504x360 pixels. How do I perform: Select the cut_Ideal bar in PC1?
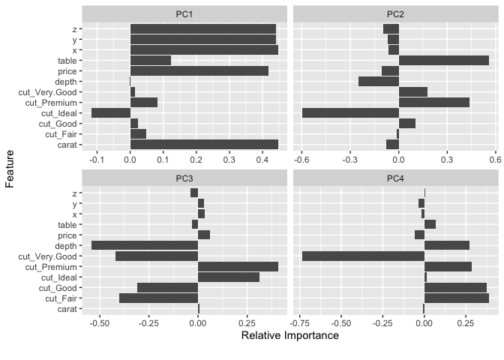(111, 113)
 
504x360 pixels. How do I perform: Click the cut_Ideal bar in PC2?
(350, 113)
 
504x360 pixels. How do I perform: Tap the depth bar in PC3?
(145, 245)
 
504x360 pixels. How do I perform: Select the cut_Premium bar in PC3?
(238, 266)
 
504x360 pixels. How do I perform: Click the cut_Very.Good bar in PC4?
(363, 256)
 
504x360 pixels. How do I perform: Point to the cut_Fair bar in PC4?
(456, 298)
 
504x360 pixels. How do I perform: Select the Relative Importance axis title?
(289, 335)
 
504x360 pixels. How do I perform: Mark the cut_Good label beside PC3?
(58, 287)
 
